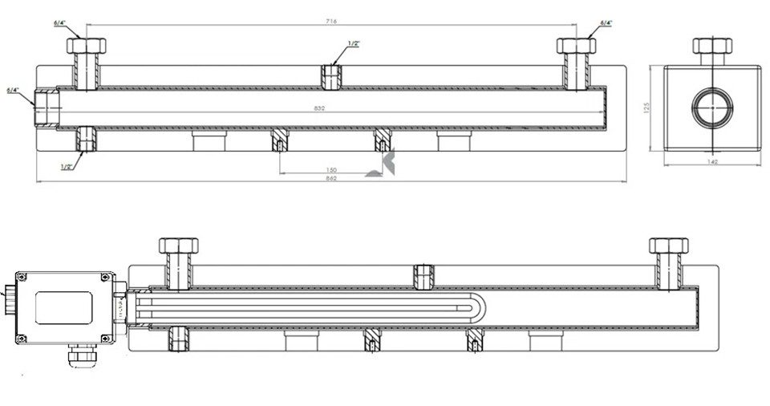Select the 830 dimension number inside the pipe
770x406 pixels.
pos(330,107)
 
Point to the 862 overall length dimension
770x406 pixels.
pos(331,179)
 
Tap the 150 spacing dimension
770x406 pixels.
pos(331,169)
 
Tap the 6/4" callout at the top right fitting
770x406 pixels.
pos(606,23)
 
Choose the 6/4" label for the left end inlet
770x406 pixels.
pos(12,91)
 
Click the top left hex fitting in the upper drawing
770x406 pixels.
pos(83,45)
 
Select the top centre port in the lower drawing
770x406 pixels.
pos(422,274)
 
